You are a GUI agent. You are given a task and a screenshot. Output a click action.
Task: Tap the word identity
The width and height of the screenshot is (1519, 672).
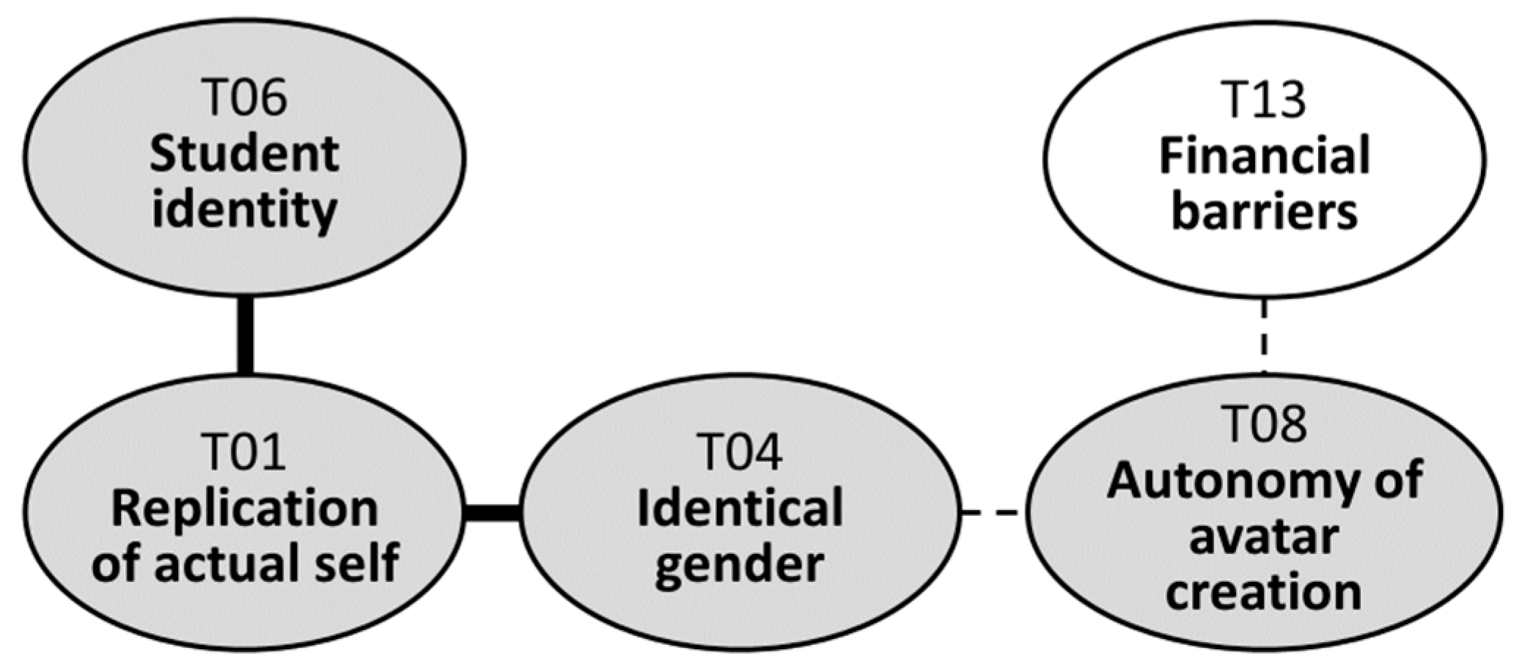coord(245,211)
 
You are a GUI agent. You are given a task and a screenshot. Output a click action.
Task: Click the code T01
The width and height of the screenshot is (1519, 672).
coord(245,452)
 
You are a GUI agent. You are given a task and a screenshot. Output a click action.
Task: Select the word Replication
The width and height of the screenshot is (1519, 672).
coord(245,509)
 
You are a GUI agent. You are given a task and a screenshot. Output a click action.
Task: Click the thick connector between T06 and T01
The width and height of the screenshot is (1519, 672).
coord(245,336)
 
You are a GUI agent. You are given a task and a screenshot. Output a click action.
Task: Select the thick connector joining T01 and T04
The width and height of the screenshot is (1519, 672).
coord(493,512)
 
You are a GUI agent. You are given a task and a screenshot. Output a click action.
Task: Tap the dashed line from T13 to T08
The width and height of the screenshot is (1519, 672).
coord(1264,336)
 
